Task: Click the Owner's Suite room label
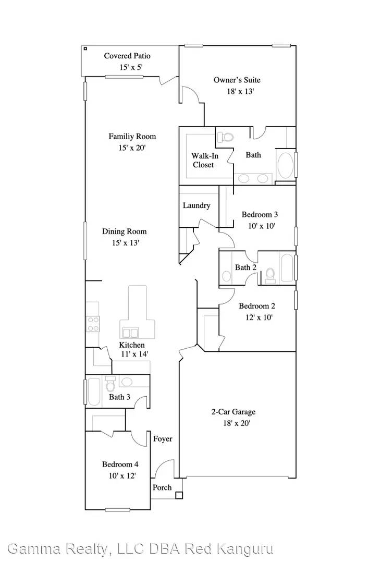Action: pyautogui.click(x=237, y=80)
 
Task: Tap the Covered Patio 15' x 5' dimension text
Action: pyautogui.click(x=131, y=67)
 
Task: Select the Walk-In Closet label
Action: pyautogui.click(x=204, y=160)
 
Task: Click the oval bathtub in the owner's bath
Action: pyautogui.click(x=286, y=166)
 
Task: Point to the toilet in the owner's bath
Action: pyautogui.click(x=226, y=137)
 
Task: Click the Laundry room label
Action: pyautogui.click(x=196, y=206)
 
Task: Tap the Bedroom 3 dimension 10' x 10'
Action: pyautogui.click(x=261, y=226)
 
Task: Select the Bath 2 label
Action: pyautogui.click(x=245, y=267)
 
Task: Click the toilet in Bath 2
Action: pyautogui.click(x=270, y=275)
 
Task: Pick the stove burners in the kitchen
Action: pyautogui.click(x=93, y=324)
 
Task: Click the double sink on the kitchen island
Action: pyautogui.click(x=130, y=333)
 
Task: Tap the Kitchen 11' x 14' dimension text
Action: pyautogui.click(x=134, y=354)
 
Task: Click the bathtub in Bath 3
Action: pyautogui.click(x=94, y=391)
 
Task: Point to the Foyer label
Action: pyautogui.click(x=163, y=439)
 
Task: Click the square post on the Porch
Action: pyautogui.click(x=178, y=496)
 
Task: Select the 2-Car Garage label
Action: pyautogui.click(x=233, y=412)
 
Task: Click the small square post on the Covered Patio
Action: pyautogui.click(x=85, y=48)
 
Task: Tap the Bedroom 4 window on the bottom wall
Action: pyautogui.click(x=118, y=509)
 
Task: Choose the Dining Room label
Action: pyautogui.click(x=124, y=231)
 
